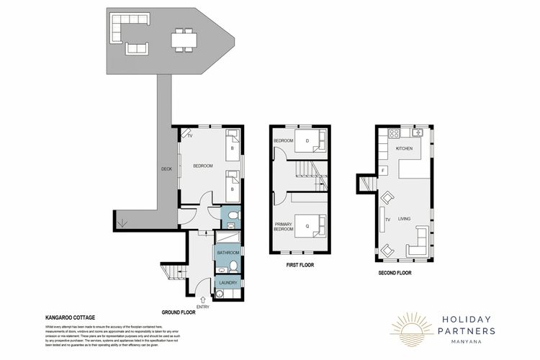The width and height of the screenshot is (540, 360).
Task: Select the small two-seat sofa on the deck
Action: pyautogui.click(x=136, y=49)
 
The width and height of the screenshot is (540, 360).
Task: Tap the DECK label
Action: pyautogui.click(x=166, y=170)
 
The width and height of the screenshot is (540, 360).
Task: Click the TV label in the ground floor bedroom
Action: pyautogui.click(x=190, y=135)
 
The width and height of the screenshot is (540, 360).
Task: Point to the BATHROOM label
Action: pyautogui.click(x=228, y=253)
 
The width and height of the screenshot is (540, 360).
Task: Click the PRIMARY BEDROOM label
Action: pyautogui.click(x=284, y=227)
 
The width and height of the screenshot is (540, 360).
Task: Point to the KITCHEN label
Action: pyautogui.click(x=402, y=148)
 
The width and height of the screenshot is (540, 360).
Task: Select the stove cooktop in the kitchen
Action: pyautogui.click(x=393, y=134)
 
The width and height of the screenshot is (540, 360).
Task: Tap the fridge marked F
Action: pyautogui.click(x=384, y=171)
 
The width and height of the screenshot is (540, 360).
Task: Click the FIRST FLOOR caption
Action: pyautogui.click(x=302, y=265)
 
